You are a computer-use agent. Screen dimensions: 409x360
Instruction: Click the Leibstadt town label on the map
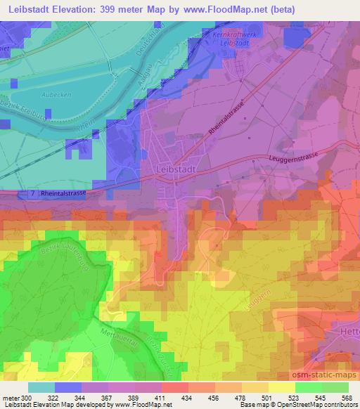(x=172, y=169)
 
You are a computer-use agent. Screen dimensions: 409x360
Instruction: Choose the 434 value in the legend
(x=187, y=398)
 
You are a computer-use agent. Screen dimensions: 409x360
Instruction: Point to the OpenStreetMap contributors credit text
(x=319, y=405)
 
